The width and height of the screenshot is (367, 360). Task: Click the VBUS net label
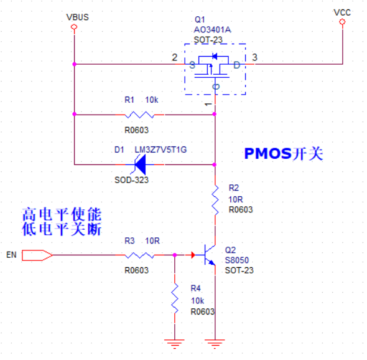(78, 17)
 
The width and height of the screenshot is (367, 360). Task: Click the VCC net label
(342, 12)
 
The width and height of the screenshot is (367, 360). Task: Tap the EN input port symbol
(37, 255)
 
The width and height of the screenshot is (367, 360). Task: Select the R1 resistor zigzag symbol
(139, 115)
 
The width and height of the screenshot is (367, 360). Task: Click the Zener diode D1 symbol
(140, 164)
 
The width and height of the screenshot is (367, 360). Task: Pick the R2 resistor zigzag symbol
(215, 200)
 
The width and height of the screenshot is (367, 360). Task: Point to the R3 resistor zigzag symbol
(139, 255)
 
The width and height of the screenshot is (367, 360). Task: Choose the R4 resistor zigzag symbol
(175, 298)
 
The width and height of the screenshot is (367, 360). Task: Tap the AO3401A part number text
(212, 30)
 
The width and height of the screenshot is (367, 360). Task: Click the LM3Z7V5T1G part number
(161, 149)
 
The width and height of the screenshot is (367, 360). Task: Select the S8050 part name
(237, 260)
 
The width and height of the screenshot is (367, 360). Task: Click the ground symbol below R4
(174, 344)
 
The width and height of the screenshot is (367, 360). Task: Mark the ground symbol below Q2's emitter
(215, 344)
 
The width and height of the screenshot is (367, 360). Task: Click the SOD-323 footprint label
(131, 180)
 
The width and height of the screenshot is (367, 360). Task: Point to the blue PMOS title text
(284, 154)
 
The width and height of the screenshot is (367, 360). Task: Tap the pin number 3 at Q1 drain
(254, 57)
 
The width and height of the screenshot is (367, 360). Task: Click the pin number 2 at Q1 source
(175, 57)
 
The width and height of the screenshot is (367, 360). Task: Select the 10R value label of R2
(236, 199)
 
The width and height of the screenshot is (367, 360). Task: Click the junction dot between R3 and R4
(175, 255)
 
